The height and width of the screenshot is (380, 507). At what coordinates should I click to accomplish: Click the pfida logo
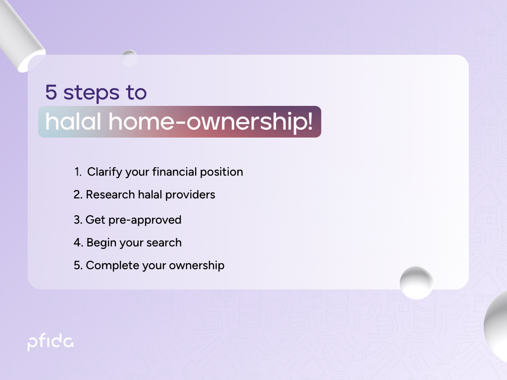[x=51, y=343]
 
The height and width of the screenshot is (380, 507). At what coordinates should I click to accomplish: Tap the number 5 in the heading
[x=51, y=92]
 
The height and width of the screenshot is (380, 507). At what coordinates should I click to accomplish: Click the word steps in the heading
[x=92, y=93]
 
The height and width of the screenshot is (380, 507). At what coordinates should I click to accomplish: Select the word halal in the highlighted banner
[x=73, y=122]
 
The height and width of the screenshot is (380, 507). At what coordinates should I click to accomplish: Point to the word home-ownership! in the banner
[x=211, y=122]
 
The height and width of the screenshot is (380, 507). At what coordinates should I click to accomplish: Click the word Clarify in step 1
[x=105, y=172]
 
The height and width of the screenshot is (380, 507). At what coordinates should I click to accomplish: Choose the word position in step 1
[x=221, y=172]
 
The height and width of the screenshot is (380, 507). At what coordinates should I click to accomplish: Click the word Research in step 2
[x=110, y=194]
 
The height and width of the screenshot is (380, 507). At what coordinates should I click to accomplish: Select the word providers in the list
[x=190, y=195]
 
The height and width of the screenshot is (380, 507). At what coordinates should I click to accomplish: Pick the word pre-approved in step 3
[x=145, y=220]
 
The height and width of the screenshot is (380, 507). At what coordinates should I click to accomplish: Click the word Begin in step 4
[x=101, y=243]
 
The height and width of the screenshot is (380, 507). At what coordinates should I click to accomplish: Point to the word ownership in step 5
[x=197, y=266]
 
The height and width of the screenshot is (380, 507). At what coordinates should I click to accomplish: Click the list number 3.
[x=78, y=220]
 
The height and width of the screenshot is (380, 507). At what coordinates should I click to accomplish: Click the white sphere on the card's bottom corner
[x=416, y=283]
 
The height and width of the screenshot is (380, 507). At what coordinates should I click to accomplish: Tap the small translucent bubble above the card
[x=129, y=58]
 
